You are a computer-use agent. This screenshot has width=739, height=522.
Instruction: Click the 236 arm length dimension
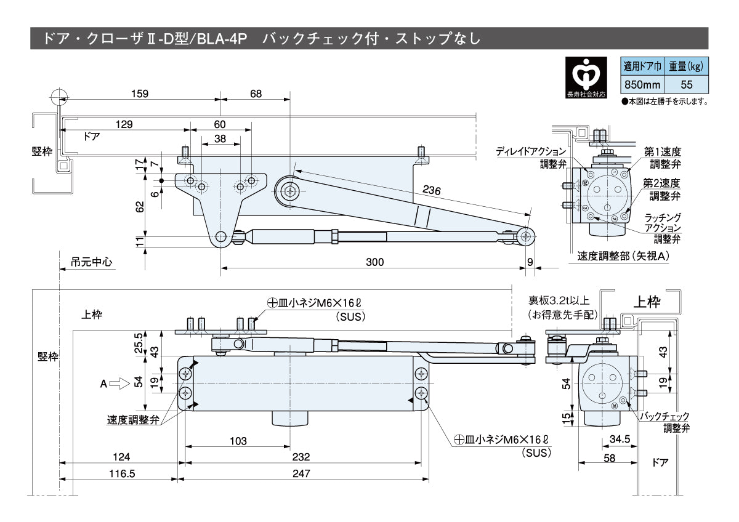431,191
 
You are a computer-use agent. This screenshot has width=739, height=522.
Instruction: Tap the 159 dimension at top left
140,94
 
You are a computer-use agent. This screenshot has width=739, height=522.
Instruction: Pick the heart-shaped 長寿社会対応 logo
585,74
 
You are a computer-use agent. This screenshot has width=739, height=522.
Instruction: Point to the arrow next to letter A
119,383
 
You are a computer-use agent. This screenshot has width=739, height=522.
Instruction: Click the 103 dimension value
238,441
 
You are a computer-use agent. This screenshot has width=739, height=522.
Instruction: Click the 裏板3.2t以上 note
559,301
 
